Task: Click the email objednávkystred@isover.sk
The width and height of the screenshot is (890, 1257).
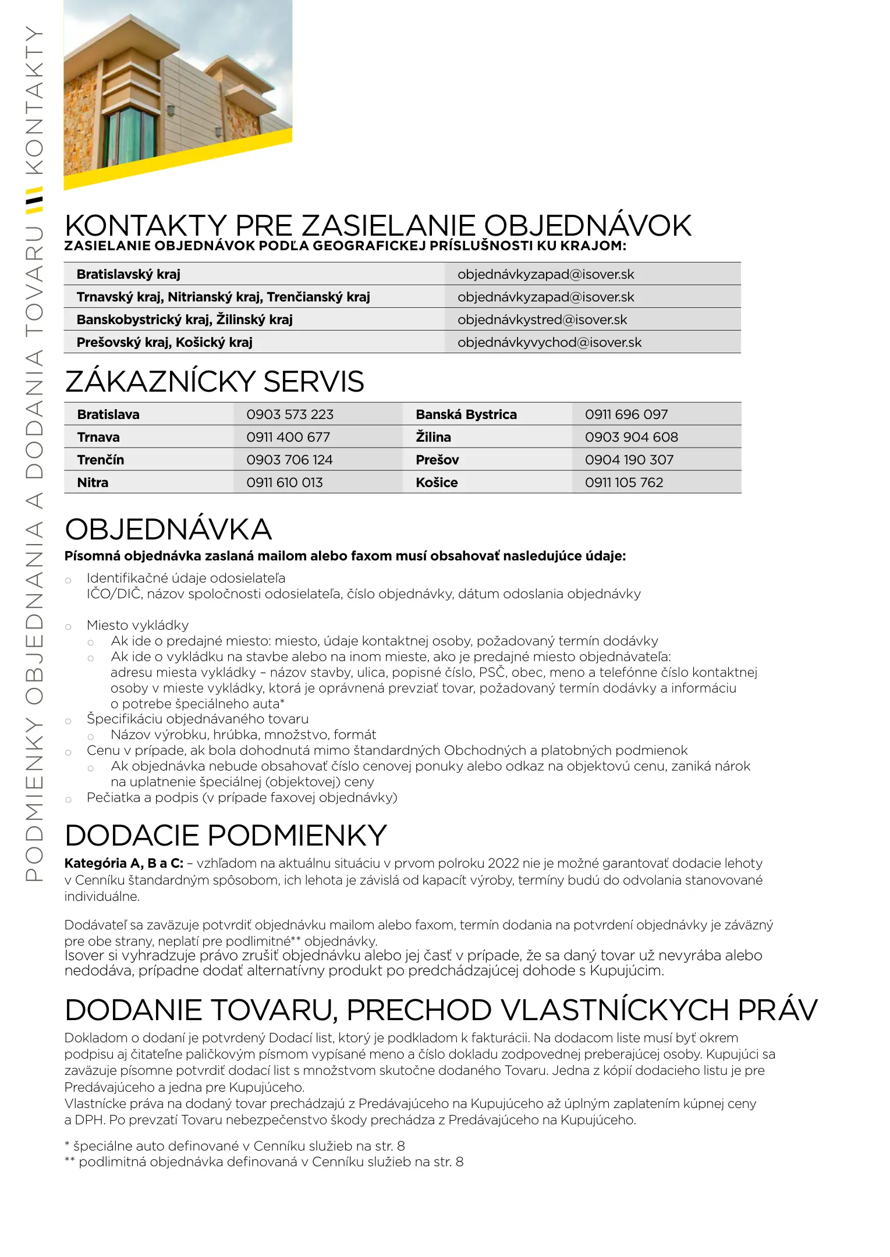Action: point(542,319)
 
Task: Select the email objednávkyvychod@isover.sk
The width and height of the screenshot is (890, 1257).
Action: point(549,342)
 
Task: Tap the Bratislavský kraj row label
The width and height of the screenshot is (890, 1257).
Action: point(129,274)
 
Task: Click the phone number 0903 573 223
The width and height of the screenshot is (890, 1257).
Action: point(290,414)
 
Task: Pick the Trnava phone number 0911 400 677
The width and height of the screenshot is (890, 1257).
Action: point(288,437)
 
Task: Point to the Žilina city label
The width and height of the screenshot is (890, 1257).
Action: point(433,437)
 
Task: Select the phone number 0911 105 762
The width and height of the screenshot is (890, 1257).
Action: point(624,482)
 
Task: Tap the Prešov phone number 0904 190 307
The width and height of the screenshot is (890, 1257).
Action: point(629,460)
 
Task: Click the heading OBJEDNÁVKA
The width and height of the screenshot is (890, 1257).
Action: point(168,530)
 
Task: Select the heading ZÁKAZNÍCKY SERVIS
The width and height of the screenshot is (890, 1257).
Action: point(214,382)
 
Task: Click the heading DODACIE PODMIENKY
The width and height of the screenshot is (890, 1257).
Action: point(226,836)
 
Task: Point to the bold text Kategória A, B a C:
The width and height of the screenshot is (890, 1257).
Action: point(124,863)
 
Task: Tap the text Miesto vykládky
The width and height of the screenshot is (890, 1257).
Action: point(137,625)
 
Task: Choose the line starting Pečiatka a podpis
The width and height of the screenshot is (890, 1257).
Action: point(242,797)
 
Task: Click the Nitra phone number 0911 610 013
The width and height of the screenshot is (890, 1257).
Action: point(285,482)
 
